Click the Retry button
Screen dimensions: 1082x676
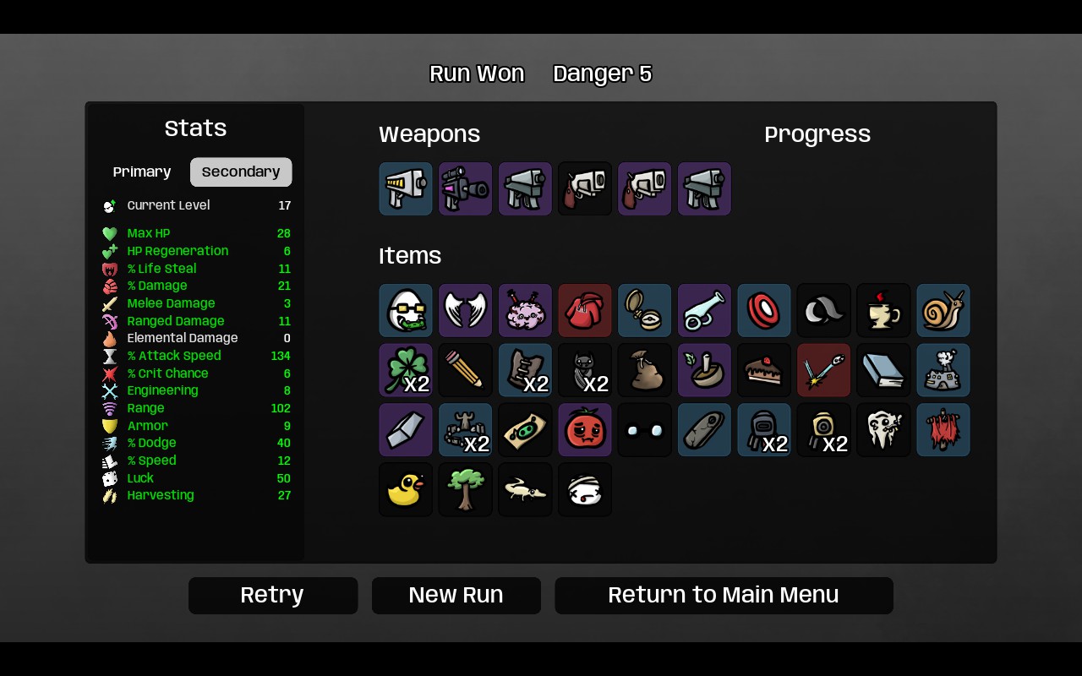(x=273, y=596)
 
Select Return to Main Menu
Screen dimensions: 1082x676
(x=724, y=596)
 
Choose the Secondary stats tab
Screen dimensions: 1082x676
(x=241, y=172)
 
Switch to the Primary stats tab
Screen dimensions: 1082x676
(x=142, y=172)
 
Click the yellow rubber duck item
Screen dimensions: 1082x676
(x=406, y=489)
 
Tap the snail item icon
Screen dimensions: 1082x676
(x=943, y=310)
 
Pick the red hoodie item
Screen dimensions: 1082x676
(x=585, y=310)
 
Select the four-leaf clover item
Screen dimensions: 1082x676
(x=406, y=370)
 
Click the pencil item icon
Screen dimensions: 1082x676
(x=466, y=370)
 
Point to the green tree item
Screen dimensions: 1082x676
(x=466, y=489)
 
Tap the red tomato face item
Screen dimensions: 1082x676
(x=585, y=430)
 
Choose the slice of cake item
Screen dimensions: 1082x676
(x=764, y=370)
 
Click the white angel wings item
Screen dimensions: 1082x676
(x=466, y=310)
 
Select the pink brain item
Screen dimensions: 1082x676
(x=525, y=310)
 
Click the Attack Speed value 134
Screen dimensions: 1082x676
(x=281, y=356)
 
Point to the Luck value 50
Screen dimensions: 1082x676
(x=283, y=478)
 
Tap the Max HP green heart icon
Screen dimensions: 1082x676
(x=110, y=234)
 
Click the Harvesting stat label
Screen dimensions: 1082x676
(x=161, y=495)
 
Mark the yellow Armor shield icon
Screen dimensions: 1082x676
(x=110, y=426)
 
